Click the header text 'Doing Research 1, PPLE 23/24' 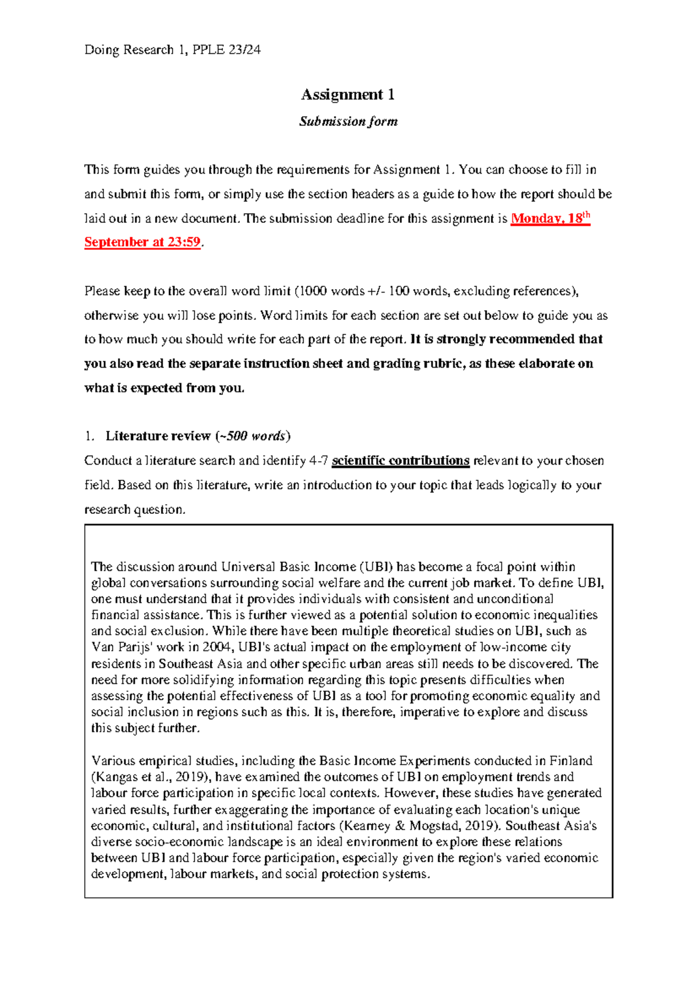(x=173, y=50)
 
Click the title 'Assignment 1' (x=348, y=95)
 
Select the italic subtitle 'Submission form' (x=348, y=121)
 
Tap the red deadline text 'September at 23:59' (x=142, y=242)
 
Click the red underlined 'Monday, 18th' (x=549, y=218)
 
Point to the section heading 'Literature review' (x=158, y=436)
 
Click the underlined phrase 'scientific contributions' (x=400, y=460)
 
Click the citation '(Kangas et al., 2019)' (x=153, y=777)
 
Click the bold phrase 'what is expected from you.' (x=164, y=388)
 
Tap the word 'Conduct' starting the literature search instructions (x=108, y=460)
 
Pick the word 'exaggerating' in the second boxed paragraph (x=252, y=809)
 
